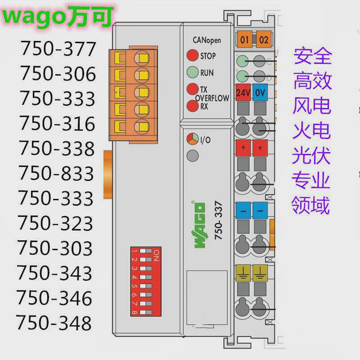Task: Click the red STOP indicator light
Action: [x=193, y=56]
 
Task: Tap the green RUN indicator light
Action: [x=193, y=72]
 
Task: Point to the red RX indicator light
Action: [x=193, y=106]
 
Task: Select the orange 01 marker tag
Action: [x=245, y=40]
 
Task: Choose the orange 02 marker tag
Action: [x=263, y=40]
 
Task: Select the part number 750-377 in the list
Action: [x=58, y=49]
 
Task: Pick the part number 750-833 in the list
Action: [x=56, y=173]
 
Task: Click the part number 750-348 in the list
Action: [x=54, y=323]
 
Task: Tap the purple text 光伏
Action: [x=311, y=156]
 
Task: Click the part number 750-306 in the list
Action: [x=58, y=74]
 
